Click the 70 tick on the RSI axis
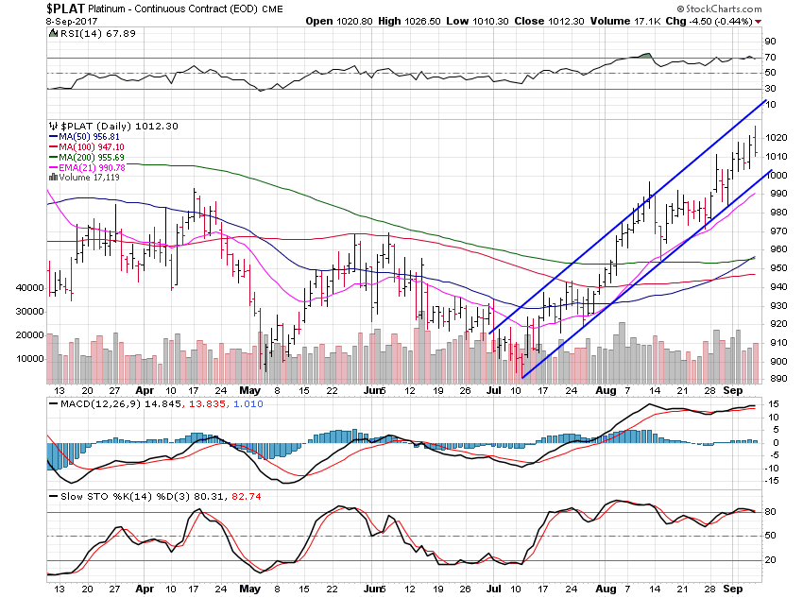click(771, 58)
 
